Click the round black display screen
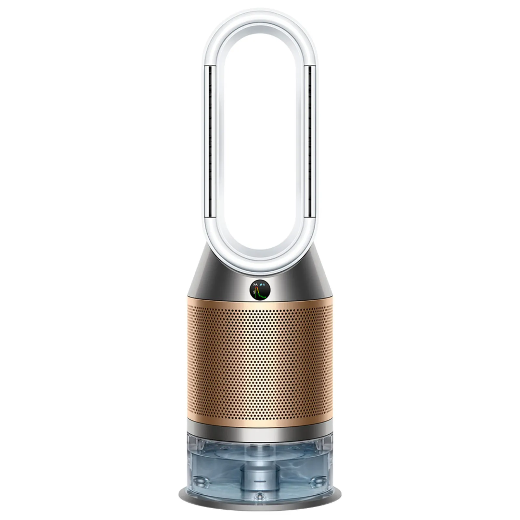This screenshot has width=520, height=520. click(260, 290)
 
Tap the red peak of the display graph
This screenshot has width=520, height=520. click(256, 287)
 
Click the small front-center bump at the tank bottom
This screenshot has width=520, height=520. click(260, 497)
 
